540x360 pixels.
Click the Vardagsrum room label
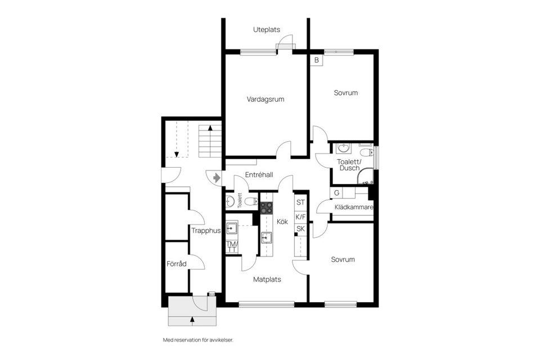(265, 99)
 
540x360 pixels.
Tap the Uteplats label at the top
(266, 30)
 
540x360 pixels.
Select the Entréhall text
(259, 175)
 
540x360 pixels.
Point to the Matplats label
(267, 279)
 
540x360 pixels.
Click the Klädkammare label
(354, 208)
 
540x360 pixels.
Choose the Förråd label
(176, 264)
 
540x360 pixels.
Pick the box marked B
(317, 60)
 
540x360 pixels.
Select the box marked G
(336, 193)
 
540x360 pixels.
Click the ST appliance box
(300, 202)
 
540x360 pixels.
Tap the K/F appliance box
(300, 216)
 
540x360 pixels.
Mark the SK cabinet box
(300, 228)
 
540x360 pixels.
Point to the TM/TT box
(231, 246)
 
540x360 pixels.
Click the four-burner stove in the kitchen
(266, 207)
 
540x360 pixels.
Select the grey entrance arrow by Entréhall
(216, 177)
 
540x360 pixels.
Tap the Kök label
(282, 222)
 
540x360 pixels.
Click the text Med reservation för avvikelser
(197, 340)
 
